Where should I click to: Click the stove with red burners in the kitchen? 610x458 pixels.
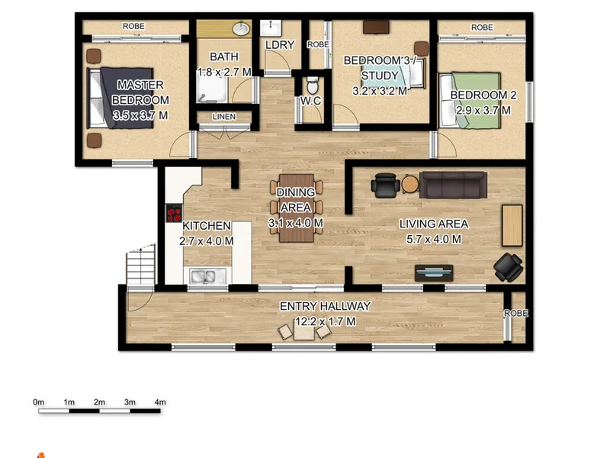pos(174,213)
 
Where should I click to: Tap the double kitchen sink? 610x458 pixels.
pos(202,276)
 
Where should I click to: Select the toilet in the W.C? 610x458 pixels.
pos(313,85)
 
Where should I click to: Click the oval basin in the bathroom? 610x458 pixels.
pos(242,28)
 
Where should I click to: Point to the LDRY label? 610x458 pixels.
pos(280,45)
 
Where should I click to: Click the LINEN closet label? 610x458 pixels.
pos(224,117)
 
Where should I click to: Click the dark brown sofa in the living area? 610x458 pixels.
pos(453,185)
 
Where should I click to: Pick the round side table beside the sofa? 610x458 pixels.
pos(410,184)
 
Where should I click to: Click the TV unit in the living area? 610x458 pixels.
pos(434,273)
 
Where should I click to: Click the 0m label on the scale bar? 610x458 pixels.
pos(39,402)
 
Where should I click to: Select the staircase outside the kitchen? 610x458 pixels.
pos(140,266)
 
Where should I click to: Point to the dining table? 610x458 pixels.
pos(297,208)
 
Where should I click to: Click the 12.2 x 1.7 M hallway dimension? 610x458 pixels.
pos(326,321)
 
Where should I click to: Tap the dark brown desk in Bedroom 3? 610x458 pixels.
pos(376,27)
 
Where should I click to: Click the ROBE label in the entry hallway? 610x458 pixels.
pos(516,313)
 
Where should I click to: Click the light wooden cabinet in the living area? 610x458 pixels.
pos(512,225)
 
